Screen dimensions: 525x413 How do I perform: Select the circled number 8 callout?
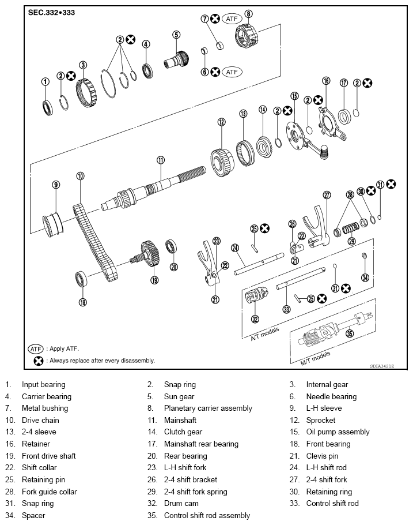coord(248,14)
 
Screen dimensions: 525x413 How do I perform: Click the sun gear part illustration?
coord(178,58)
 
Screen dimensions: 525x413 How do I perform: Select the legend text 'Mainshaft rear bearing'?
coord(201,444)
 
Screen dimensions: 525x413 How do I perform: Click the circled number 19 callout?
coord(154,280)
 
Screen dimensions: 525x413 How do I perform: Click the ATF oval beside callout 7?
coord(232,18)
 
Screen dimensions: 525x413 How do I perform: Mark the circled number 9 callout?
coord(56,185)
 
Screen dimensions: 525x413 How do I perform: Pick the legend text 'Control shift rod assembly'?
coord(207,515)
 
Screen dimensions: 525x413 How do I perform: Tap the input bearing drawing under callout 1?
coord(46,106)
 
